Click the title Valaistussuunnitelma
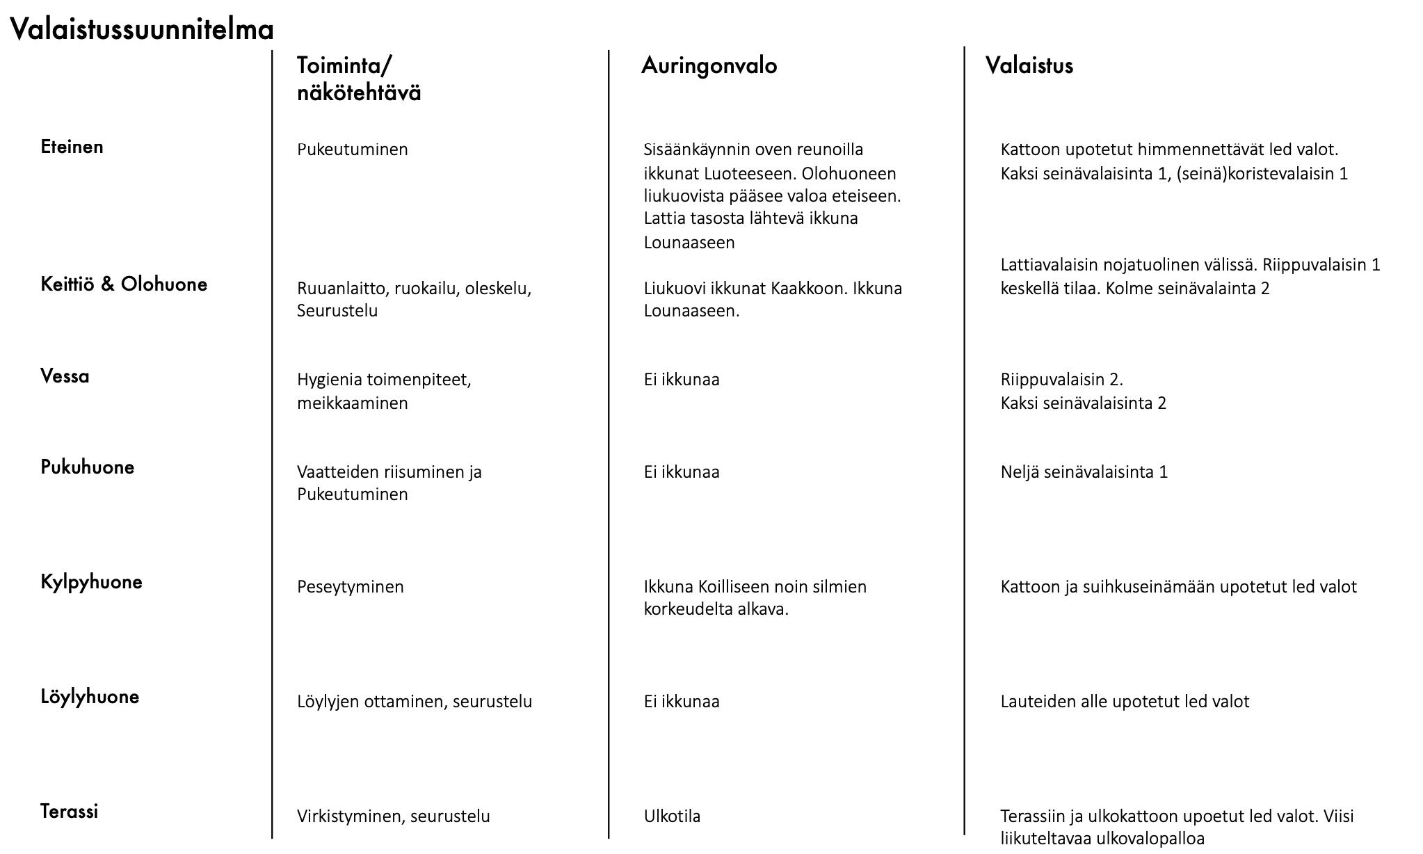(x=142, y=30)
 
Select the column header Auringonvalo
(x=709, y=66)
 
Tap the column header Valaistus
(x=1029, y=66)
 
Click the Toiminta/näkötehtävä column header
(x=359, y=79)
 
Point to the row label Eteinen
(x=72, y=147)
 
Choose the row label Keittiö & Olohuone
(x=124, y=284)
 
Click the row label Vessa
(x=65, y=377)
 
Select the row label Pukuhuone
(x=88, y=467)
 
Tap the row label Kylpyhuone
(x=91, y=582)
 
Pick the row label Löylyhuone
(x=90, y=697)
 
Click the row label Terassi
(x=69, y=812)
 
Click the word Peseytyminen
(x=350, y=587)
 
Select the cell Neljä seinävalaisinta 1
(x=1084, y=472)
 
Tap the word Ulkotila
(x=672, y=816)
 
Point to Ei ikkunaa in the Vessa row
(x=682, y=380)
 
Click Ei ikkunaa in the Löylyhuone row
(x=682, y=702)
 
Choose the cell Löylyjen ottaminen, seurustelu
(x=414, y=702)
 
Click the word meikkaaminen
(x=352, y=403)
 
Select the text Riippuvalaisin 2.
(x=1061, y=380)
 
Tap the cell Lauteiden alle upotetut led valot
(x=1125, y=702)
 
